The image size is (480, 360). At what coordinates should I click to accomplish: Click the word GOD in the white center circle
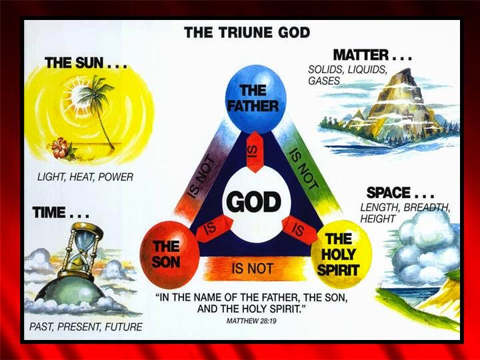(254, 201)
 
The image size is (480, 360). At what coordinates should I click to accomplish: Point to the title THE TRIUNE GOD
(247, 32)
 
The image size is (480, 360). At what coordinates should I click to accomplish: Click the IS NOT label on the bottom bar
(252, 269)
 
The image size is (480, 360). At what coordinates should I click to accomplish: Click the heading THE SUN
(85, 63)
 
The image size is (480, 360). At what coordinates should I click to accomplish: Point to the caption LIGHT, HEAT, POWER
(85, 177)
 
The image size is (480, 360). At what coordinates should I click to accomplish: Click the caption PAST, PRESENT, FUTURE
(85, 327)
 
